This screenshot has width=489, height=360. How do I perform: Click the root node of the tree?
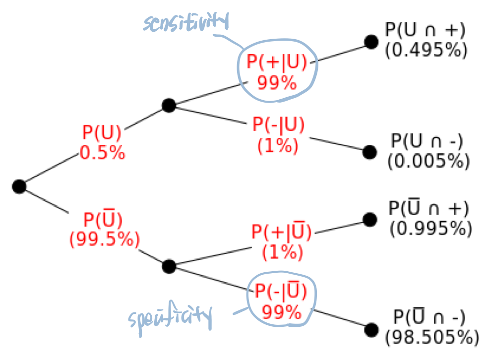click(x=19, y=186)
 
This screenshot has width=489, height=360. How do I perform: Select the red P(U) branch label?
click(x=102, y=133)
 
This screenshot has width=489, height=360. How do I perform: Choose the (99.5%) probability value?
click(x=104, y=240)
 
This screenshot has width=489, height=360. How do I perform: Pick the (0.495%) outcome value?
click(x=426, y=51)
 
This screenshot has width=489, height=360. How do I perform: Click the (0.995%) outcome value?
click(x=429, y=229)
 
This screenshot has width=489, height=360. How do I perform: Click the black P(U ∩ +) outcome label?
click(x=425, y=30)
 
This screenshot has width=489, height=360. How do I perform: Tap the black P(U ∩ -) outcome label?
click(x=427, y=141)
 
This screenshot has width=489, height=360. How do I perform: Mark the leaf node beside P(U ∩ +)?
click(x=371, y=42)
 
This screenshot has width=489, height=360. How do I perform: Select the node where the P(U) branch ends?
click(x=169, y=105)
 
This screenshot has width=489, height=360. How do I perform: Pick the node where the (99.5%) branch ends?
click(x=169, y=266)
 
